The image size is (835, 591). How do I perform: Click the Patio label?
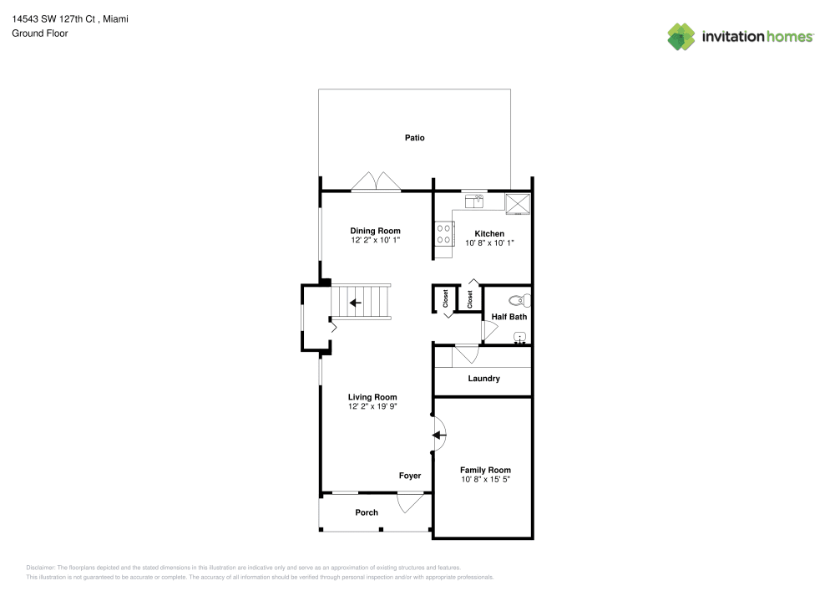point(415,138)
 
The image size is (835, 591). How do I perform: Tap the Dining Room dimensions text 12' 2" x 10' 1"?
point(376,241)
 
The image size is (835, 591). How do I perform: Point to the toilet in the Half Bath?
point(520,300)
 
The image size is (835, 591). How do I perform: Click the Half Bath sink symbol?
point(519,338)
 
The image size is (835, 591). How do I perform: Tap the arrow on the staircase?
point(356,303)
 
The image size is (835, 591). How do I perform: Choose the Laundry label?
point(483,379)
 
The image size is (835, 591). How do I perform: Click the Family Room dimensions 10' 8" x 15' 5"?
point(485,480)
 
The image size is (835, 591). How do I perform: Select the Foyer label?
point(409,476)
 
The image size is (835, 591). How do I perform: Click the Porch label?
point(367,512)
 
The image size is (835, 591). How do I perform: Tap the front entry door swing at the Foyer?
point(408,502)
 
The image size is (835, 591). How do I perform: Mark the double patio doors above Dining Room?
point(376,182)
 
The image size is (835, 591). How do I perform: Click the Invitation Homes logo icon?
point(681,36)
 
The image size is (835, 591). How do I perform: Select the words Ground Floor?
point(39,33)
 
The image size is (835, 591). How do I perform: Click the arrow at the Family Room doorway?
point(438,435)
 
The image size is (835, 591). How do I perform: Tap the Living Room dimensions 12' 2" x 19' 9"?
point(372,407)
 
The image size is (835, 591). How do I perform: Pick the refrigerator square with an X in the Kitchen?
point(518,202)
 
